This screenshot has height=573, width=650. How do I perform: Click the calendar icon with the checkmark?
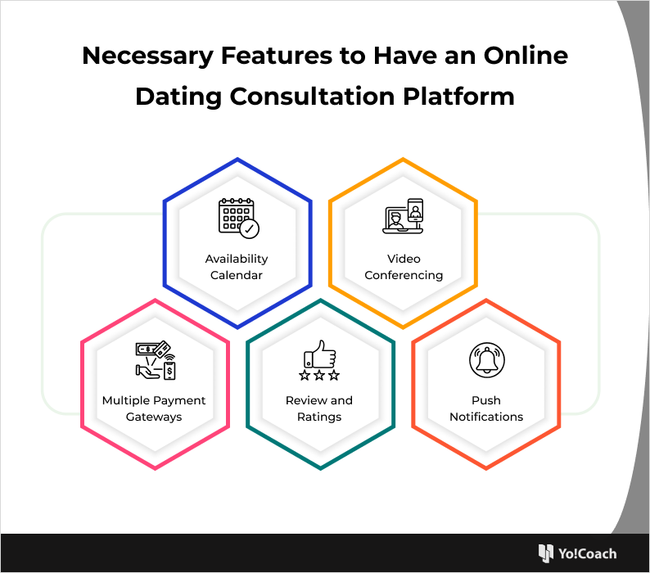(239, 218)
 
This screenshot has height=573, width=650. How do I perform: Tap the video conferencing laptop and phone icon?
(403, 216)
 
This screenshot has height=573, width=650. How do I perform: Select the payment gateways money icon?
(156, 360)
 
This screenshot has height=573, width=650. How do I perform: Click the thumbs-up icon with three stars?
(319, 360)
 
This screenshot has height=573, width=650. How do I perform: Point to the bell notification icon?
(487, 360)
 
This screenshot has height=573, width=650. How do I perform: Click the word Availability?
(237, 259)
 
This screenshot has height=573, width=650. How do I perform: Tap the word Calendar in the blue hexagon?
(237, 275)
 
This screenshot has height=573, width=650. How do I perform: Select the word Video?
(404, 259)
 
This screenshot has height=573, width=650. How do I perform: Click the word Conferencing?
(404, 276)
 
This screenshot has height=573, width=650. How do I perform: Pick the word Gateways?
(154, 417)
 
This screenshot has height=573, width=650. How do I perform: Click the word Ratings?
(319, 417)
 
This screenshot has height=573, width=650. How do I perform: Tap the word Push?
(486, 400)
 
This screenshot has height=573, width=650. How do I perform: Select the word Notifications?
(486, 417)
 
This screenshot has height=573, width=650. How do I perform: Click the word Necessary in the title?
(148, 56)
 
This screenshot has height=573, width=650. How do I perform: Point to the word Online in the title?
(526, 55)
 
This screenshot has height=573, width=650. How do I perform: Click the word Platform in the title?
(458, 97)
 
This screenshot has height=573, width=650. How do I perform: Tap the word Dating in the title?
(178, 97)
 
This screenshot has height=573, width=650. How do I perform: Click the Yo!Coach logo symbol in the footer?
(545, 553)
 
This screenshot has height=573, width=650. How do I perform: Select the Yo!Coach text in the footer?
(587, 553)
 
